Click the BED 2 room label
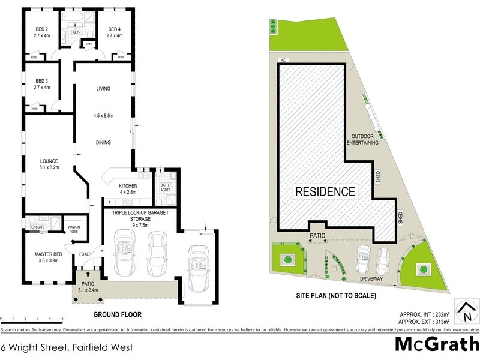[x=42, y=29]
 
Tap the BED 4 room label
[x=115, y=29]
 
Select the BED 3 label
[x=42, y=81]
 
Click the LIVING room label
[x=104, y=89]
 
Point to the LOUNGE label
[x=49, y=161]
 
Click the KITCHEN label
[x=128, y=185]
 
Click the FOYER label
[x=85, y=254]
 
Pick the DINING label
[x=104, y=142]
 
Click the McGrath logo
[x=437, y=344]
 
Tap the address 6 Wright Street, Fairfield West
[x=67, y=347]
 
